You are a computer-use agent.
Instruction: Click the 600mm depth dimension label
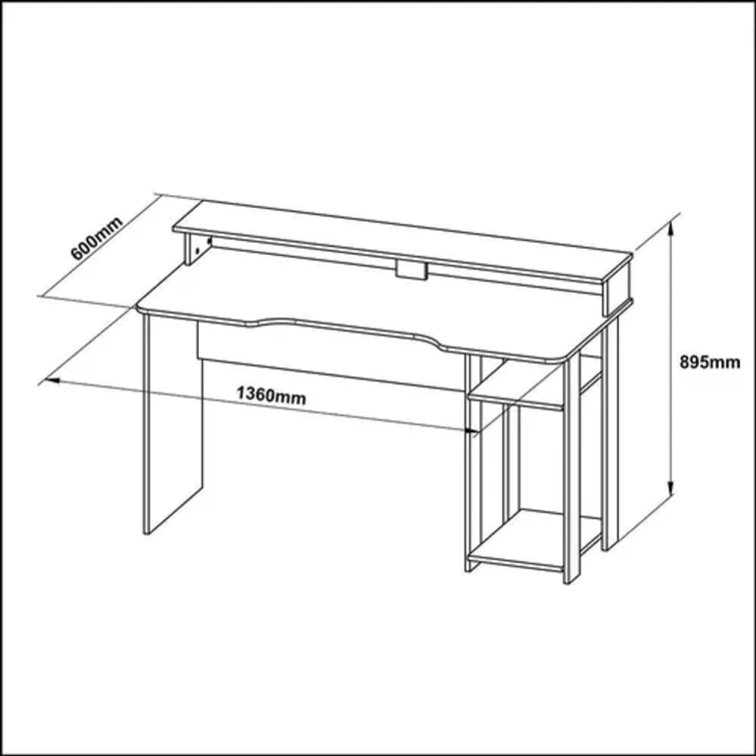pos(96,237)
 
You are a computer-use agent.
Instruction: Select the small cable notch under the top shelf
pos(410,270)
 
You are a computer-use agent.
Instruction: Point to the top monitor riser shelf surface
pos(399,240)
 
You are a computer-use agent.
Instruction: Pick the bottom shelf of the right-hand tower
pos(529,544)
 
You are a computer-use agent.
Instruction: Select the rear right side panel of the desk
pos(611,419)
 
